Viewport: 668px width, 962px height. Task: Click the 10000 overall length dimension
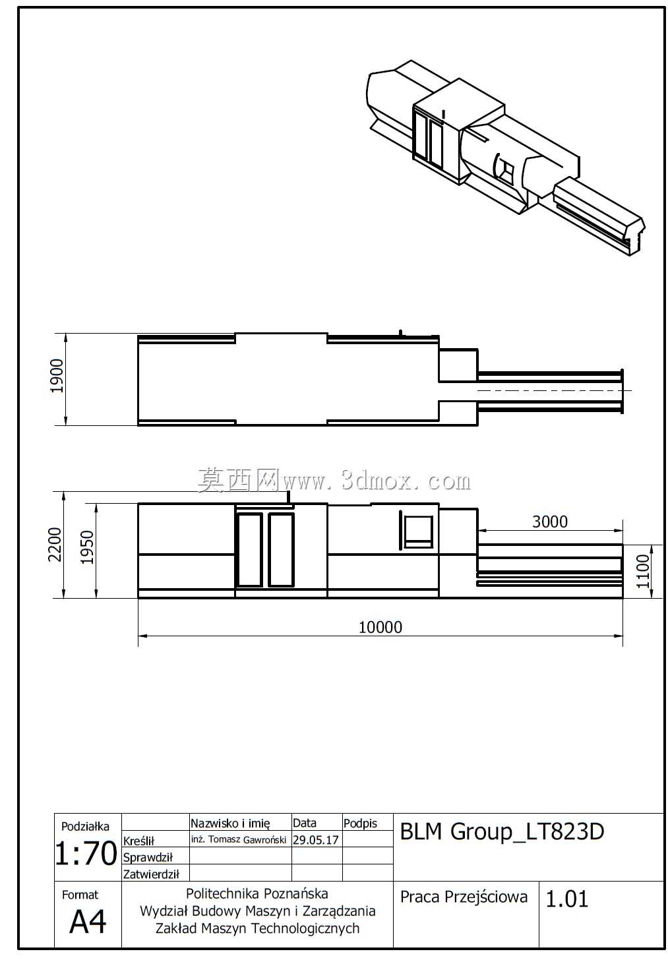(380, 628)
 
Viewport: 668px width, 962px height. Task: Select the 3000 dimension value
(549, 522)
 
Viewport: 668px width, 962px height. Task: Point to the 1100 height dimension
(643, 571)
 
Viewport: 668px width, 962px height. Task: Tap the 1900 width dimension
(57, 376)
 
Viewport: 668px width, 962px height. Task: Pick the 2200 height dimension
(55, 545)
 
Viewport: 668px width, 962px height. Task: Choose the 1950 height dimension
(87, 547)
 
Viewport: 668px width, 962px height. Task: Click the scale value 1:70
(86, 853)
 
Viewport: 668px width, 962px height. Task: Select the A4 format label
(88, 921)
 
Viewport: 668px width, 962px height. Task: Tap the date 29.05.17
(316, 839)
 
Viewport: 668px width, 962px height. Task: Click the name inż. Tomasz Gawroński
(239, 839)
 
